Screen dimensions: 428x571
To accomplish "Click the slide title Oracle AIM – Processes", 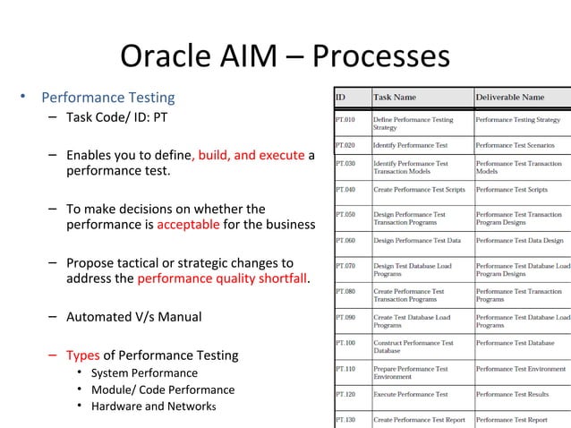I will tap(284, 56).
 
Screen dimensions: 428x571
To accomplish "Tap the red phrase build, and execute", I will tap(251, 155).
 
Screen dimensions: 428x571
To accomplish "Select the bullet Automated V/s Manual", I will tap(133, 317).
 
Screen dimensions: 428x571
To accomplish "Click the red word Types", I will tap(83, 355).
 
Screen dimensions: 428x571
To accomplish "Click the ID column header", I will tap(341, 97).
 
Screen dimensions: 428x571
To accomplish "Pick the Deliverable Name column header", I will tap(509, 97).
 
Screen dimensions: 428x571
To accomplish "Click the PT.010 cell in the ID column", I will tap(345, 119).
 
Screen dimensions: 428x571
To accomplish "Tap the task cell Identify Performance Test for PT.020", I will tap(410, 144).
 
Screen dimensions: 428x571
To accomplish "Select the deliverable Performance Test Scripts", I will tap(511, 190).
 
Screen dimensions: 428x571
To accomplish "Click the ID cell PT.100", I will tap(345, 343).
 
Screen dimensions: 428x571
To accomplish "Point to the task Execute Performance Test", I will tap(410, 394).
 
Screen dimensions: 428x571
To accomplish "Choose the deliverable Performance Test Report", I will tap(511, 419).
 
